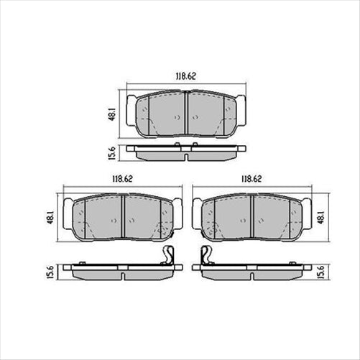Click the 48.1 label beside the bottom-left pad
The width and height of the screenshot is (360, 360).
coord(50,215)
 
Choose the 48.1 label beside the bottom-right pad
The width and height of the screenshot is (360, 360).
coord(320,215)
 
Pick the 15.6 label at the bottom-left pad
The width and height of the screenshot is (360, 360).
coord(50,272)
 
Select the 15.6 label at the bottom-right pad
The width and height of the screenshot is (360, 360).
coord(320,272)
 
